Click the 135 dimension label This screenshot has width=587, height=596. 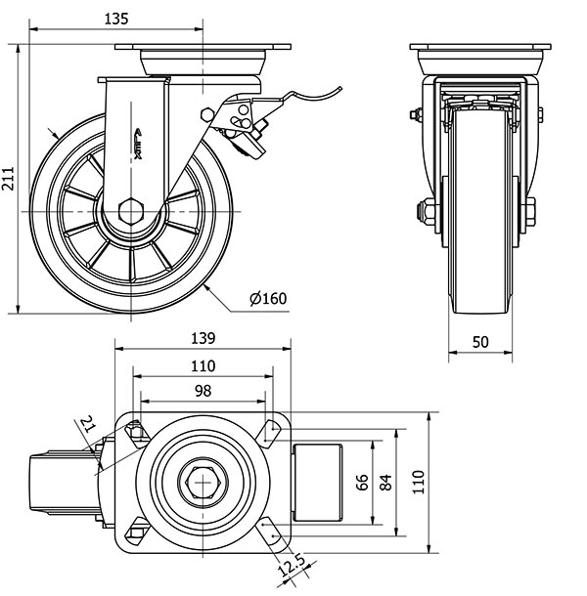pos(116,19)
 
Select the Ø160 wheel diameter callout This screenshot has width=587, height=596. pos(268,299)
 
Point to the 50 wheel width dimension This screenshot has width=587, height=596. pos(480,342)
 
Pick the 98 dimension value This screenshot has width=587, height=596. pos(203,391)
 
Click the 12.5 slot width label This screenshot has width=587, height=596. pos(290,566)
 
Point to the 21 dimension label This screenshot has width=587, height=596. pos(87,424)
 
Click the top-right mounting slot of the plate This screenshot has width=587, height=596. pos(269,428)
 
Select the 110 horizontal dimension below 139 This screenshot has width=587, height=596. pos(203,365)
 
